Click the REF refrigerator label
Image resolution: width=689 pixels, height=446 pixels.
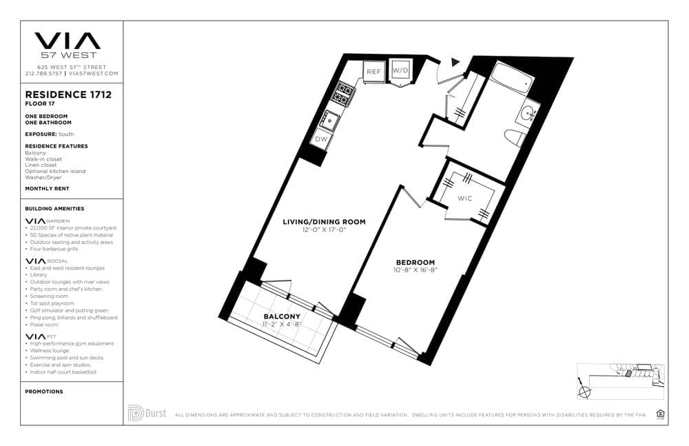point(373,72)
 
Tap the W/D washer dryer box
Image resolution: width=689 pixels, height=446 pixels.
point(400,71)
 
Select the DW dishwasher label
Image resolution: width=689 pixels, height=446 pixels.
point(321,139)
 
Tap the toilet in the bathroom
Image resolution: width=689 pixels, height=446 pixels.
point(514,137)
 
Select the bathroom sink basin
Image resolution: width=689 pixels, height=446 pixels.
point(531,112)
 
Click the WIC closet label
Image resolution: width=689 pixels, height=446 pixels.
point(465,199)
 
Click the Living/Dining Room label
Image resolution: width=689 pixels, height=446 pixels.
point(324,222)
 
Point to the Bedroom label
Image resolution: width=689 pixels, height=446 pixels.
point(415,262)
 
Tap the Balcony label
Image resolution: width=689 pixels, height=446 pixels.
point(282,316)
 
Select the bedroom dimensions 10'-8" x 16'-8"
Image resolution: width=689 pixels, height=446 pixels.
point(415,270)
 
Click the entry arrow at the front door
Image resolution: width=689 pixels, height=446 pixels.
point(454,62)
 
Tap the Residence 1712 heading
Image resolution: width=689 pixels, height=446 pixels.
point(68,94)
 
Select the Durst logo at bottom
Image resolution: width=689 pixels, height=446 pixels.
point(147,413)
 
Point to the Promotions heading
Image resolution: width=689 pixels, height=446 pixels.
point(44,392)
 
